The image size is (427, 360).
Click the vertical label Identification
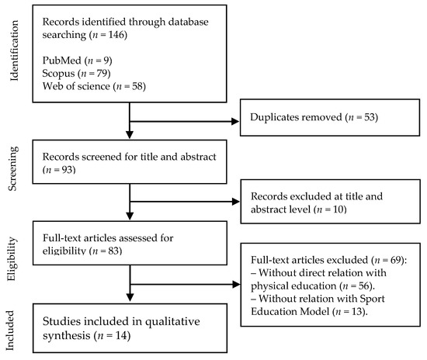(x=10, y=54)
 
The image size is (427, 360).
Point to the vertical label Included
(x=10, y=327)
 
